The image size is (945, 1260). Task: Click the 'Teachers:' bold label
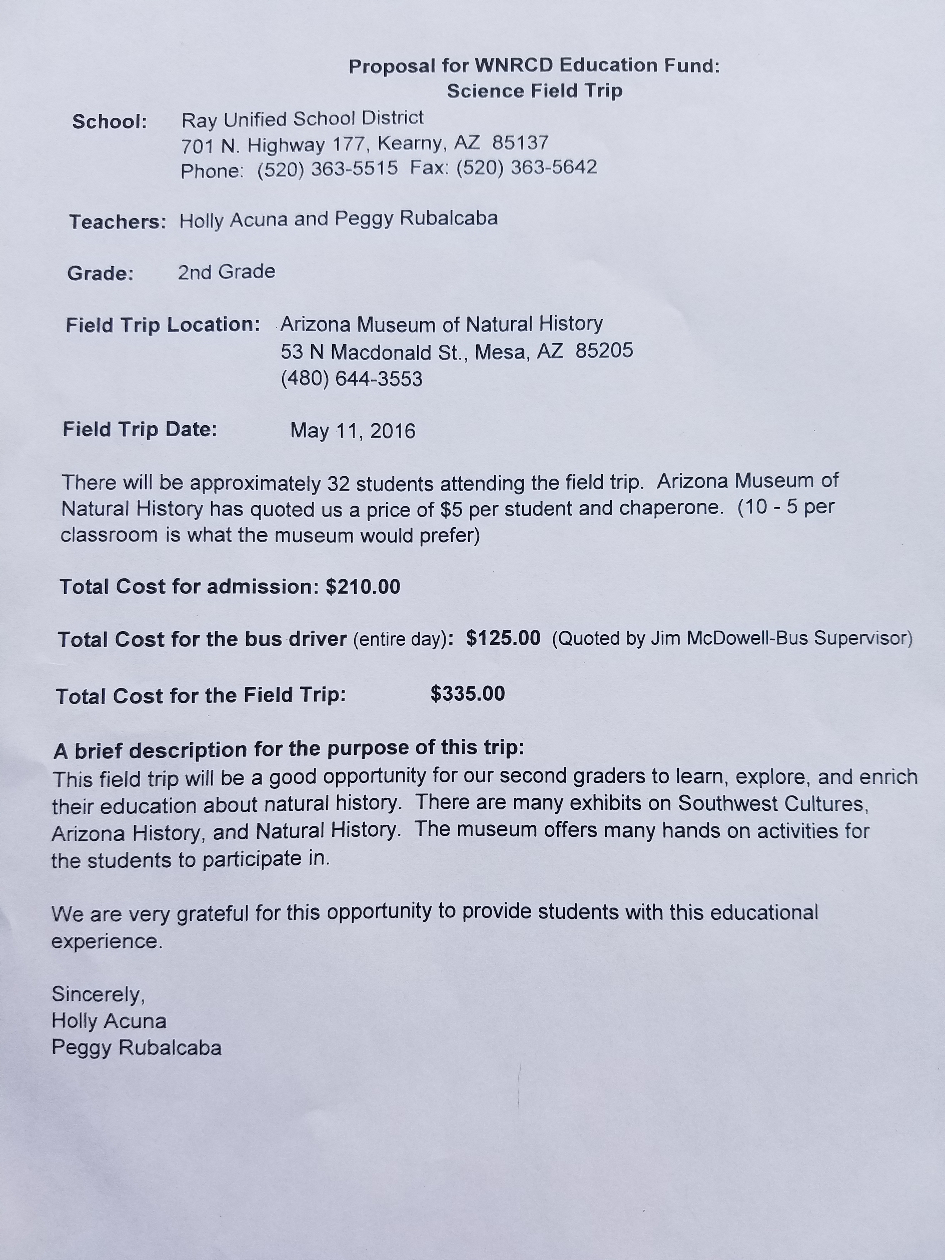tap(117, 222)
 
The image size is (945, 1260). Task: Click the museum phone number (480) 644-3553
tap(352, 379)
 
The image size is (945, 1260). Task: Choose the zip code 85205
tap(604, 350)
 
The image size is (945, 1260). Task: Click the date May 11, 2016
tap(352, 431)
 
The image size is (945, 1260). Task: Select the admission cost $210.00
tap(363, 586)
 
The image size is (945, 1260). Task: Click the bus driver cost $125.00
tap(503, 638)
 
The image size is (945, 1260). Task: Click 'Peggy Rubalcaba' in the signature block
tap(136, 1047)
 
